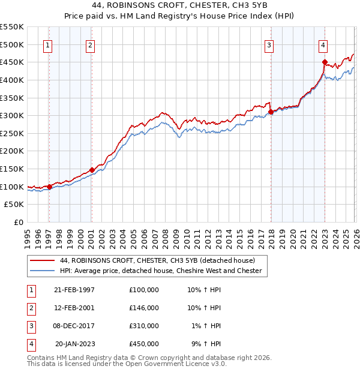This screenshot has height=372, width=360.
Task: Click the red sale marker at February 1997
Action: point(49,187)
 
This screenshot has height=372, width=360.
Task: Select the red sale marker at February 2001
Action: point(92,170)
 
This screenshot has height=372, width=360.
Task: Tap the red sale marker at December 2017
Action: point(271,112)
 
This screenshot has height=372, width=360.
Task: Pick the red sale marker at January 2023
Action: point(325,62)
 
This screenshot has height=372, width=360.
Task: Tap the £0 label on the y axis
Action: point(18,222)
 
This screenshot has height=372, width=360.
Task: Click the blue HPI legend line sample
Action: point(43,271)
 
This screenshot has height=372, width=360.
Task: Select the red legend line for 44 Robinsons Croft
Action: point(43,260)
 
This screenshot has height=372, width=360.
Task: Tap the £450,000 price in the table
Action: point(143,344)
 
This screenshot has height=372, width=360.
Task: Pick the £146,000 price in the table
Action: point(143,308)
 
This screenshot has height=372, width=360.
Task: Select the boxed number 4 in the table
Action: point(31,344)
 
